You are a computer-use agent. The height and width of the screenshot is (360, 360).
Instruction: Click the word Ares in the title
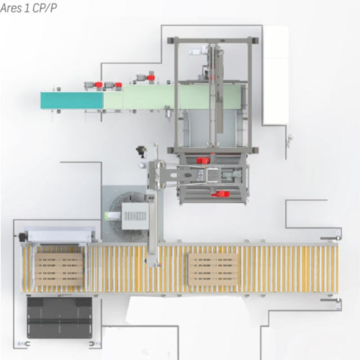point(14,8)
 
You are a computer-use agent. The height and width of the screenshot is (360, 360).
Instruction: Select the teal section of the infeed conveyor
point(71,100)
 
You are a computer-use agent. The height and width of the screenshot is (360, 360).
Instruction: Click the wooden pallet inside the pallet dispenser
point(59,269)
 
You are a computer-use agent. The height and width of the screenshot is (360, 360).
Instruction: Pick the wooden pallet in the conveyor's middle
point(213,269)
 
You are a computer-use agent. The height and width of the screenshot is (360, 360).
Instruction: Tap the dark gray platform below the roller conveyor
point(59,318)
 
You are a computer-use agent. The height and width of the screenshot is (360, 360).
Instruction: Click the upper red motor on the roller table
point(203,160)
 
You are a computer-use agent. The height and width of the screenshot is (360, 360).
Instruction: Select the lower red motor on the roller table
point(221,194)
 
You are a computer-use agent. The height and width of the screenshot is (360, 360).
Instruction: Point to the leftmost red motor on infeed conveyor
point(98,84)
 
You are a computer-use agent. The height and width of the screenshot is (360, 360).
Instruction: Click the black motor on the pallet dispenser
point(22,237)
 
